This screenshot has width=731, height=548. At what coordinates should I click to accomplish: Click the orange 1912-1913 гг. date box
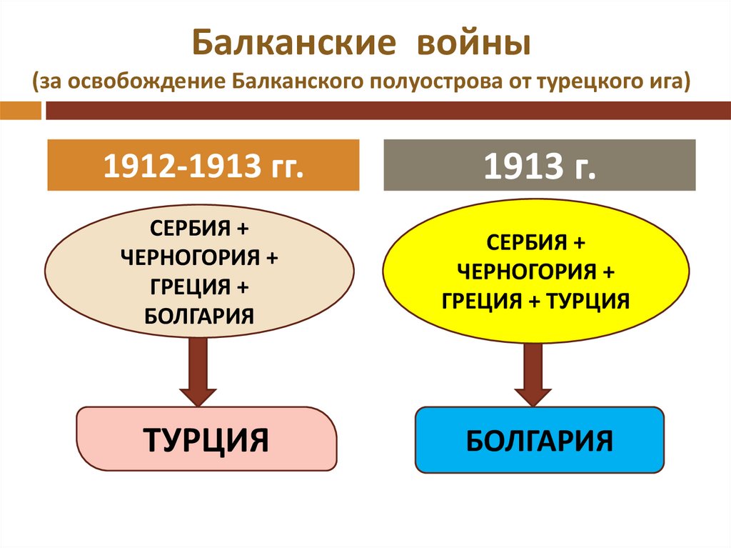(203, 165)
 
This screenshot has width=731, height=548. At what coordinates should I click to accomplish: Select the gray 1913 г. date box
(540, 165)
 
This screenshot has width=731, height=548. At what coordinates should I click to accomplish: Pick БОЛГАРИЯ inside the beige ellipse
(199, 314)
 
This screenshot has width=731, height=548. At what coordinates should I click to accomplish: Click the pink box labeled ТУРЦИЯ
(206, 439)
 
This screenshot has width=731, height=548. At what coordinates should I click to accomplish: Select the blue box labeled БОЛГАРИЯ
(540, 440)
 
